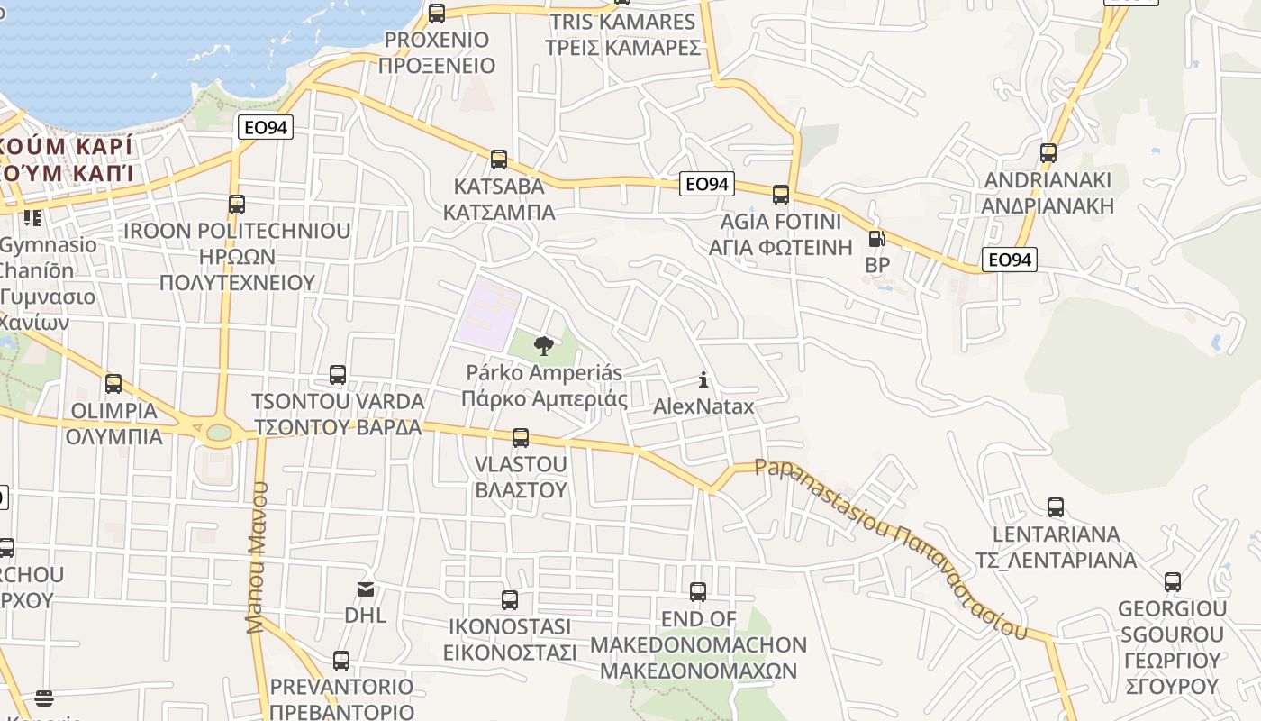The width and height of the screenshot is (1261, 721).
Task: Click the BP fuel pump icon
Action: pos(876,239)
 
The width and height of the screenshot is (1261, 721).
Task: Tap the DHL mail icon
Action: pos(366,589)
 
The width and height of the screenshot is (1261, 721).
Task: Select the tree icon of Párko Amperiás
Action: pos(543,345)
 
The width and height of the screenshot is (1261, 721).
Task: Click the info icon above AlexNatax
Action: pos(703,379)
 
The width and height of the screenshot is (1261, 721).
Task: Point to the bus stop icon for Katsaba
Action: pos(499,160)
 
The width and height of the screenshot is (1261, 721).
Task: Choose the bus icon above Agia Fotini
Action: pos(781,194)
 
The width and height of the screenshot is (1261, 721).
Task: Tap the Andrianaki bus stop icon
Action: pos(1048,152)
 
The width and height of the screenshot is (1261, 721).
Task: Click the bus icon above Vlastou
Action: pos(521,438)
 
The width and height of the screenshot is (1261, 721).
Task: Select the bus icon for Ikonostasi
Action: pos(510,599)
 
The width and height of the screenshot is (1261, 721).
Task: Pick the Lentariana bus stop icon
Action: pos(1056,507)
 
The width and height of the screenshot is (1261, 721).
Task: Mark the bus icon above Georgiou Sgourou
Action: pos(1173,582)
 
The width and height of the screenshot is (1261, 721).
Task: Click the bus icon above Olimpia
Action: pos(113,384)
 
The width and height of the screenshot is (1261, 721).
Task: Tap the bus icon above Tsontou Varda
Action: pos(338,374)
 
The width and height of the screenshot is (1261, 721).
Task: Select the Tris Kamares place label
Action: pos(622,34)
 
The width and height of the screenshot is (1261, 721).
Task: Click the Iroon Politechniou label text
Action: pos(237,257)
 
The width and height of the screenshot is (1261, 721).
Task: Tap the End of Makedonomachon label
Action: pos(699,645)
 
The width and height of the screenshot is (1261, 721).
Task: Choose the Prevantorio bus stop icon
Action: pos(341,661)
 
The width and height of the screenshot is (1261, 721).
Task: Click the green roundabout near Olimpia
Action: pos(219,433)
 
